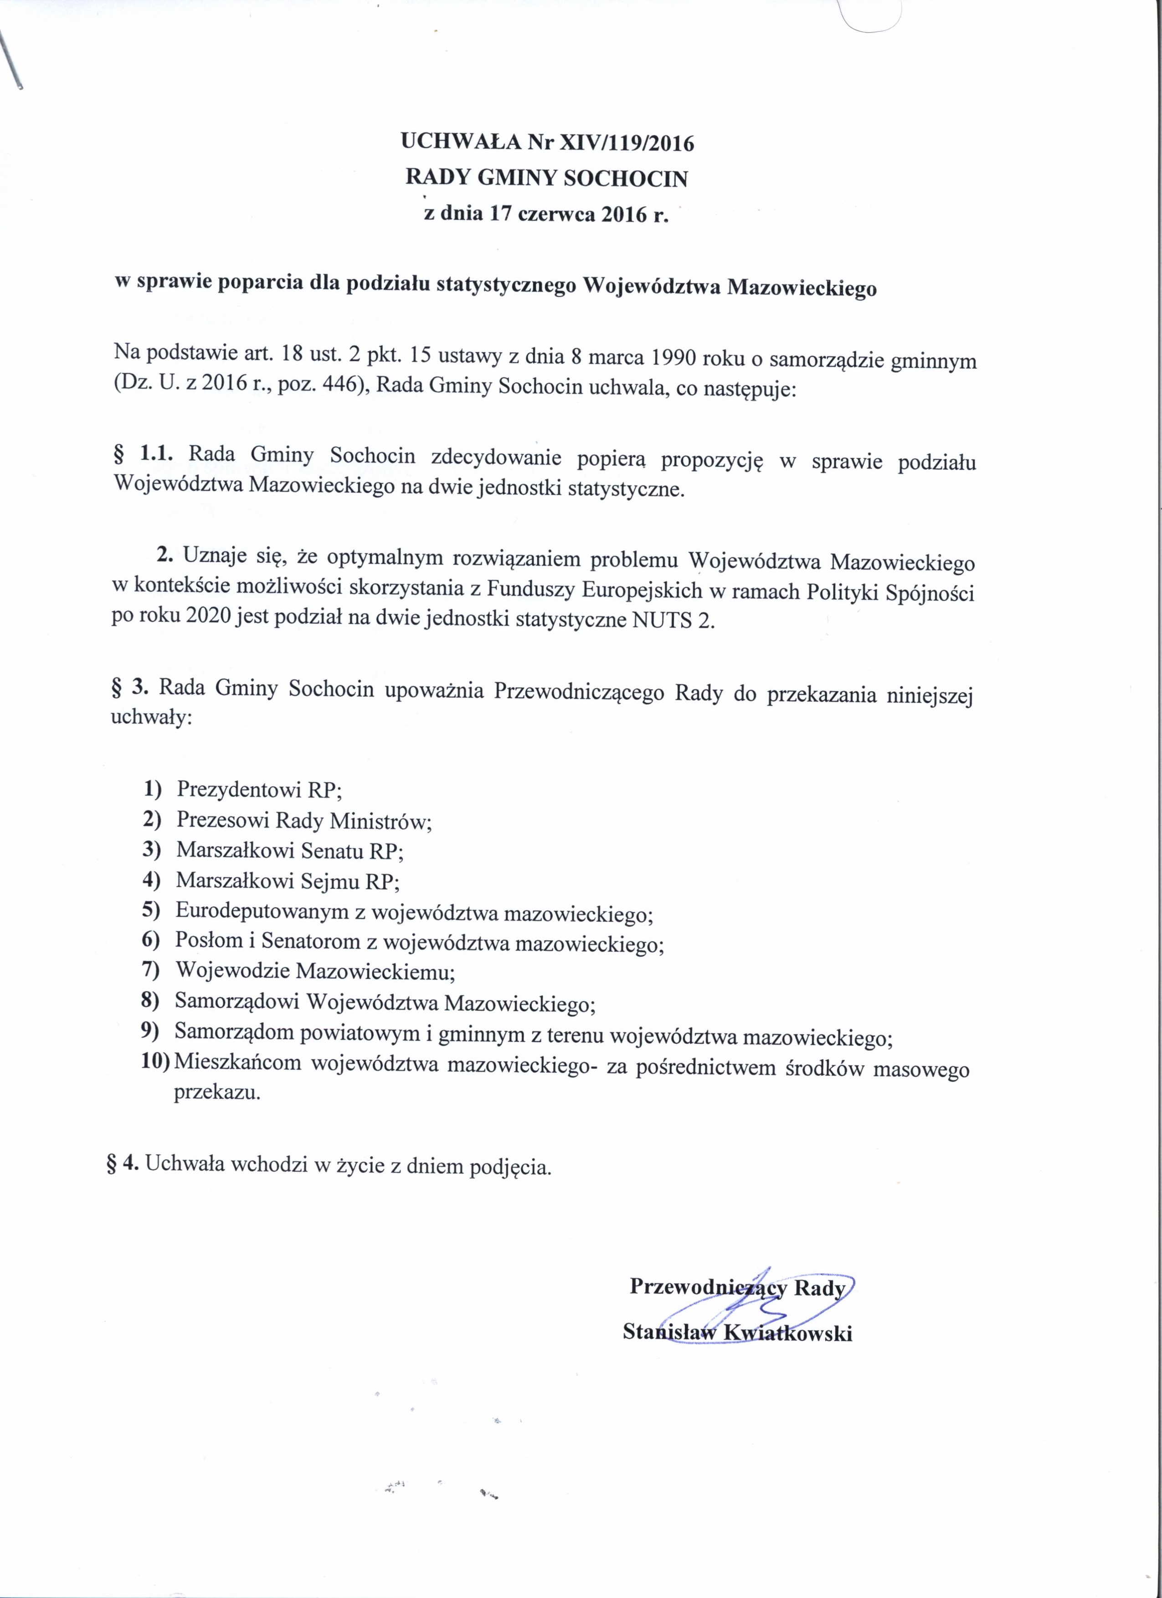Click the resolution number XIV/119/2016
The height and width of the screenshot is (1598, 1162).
pyautogui.click(x=626, y=143)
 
